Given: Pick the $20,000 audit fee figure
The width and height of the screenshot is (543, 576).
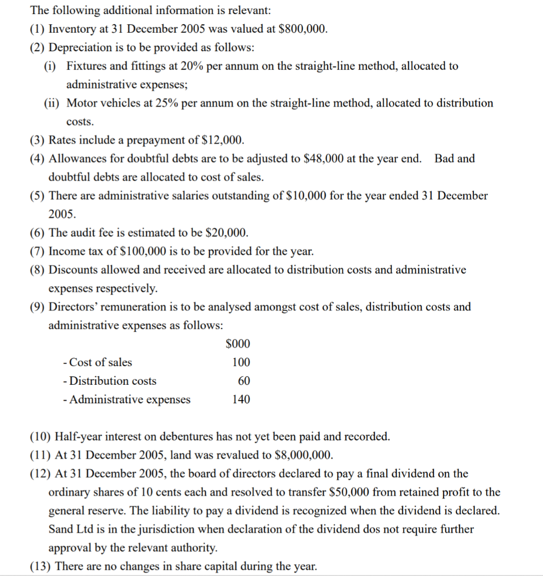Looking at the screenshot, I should (227, 233).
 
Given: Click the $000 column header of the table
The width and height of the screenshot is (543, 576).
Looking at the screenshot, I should (238, 344).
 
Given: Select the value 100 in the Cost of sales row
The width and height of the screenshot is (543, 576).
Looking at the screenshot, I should (241, 362).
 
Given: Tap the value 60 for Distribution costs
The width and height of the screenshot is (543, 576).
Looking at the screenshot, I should (244, 381).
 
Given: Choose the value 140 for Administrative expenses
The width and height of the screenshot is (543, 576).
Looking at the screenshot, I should (241, 399).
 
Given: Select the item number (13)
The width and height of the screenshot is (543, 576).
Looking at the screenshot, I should (38, 566).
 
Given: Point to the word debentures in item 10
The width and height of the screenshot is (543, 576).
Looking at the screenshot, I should (185, 436).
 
